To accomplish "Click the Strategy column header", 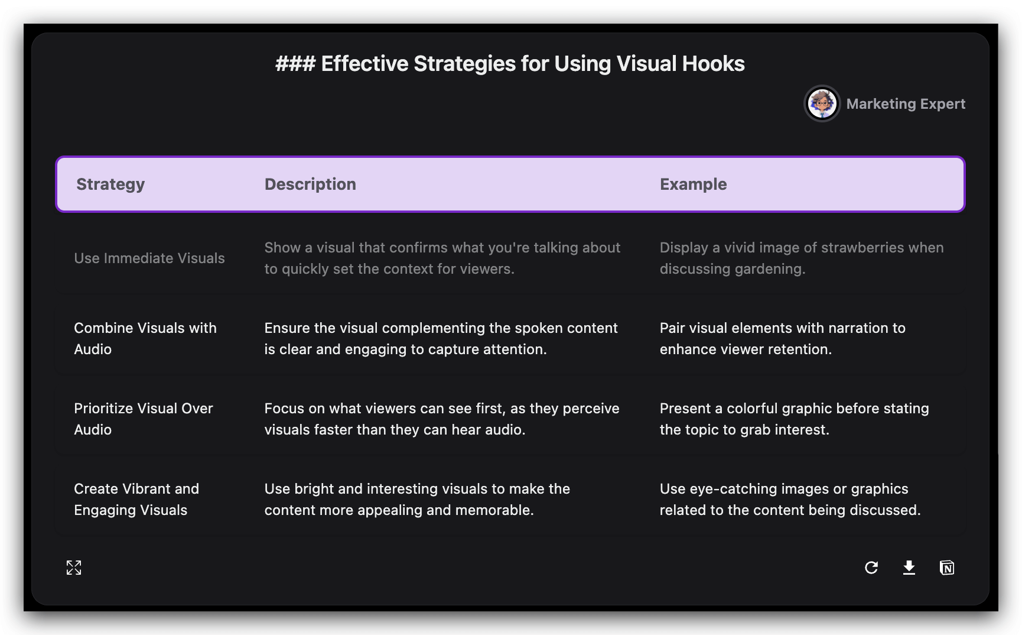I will coord(110,184).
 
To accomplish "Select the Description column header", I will coord(310,184).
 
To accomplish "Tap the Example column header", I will coord(693,184).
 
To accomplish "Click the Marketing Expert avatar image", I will coord(822,104).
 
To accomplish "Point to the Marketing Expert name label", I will coord(906,104).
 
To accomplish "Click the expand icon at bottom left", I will coord(74,568).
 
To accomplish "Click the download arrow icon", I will coord(909,568).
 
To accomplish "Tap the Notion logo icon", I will coord(947,568).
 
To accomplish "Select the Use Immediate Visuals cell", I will coord(149,258).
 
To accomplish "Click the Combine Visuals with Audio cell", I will coord(145,339).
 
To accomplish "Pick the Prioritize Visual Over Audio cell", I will coord(144,419).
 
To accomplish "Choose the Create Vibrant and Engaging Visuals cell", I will coord(136,500).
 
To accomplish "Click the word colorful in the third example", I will coord(752,409).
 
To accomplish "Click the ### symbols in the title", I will coord(295,64).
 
